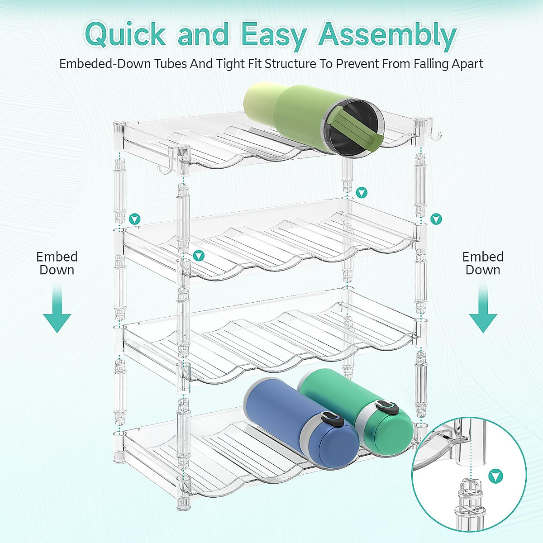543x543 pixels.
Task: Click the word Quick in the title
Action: [126, 34]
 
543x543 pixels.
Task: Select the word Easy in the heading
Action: [273, 35]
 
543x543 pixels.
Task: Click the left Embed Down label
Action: [57, 263]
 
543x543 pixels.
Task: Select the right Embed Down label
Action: [483, 263]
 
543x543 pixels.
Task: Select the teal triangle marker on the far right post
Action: [436, 219]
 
